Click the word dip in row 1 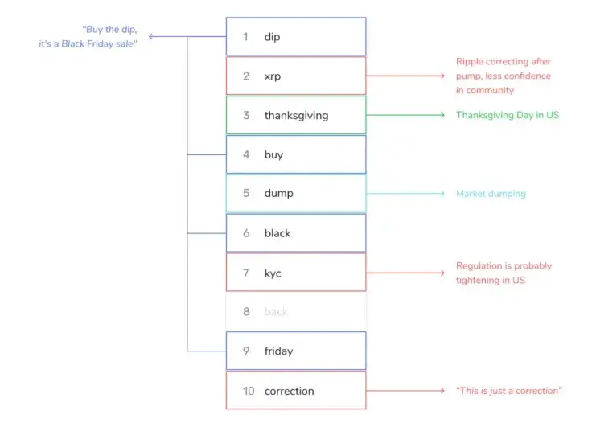[272, 37]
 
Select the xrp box [296, 76]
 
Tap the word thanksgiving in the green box [296, 115]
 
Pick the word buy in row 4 [273, 154]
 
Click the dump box [296, 194]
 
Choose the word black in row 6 [277, 233]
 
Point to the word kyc [273, 273]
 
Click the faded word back [276, 312]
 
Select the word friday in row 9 [278, 351]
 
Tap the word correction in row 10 [289, 391]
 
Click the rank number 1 [246, 37]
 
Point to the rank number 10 [249, 391]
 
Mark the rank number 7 [246, 273]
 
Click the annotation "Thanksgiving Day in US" [507, 115]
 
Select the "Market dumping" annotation [491, 194]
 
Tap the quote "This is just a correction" [508, 391]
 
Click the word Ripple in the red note [471, 61]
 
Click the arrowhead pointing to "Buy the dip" [152, 37]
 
